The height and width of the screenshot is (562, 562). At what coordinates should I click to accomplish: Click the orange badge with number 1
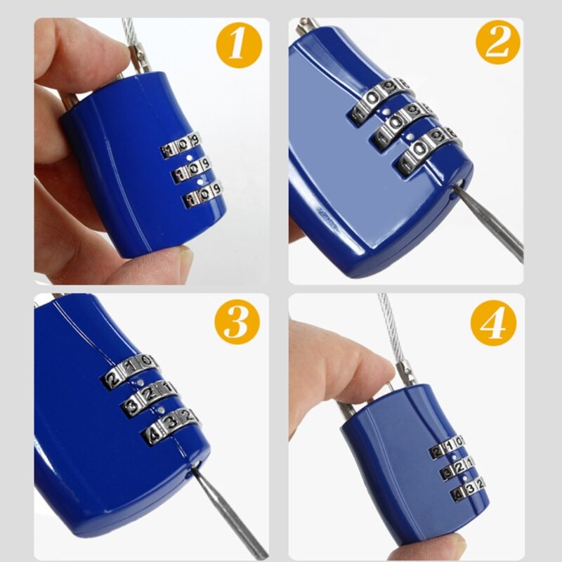click(x=236, y=46)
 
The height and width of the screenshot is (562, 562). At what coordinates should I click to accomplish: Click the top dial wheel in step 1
click(x=182, y=147)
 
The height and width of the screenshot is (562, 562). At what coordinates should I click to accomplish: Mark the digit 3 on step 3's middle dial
click(x=133, y=404)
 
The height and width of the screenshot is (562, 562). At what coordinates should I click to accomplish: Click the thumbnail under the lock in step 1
click(x=184, y=254)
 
